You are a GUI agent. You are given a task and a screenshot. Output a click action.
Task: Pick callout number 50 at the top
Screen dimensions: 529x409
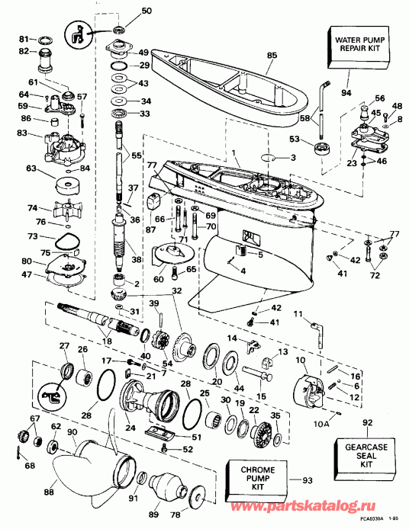[147, 11]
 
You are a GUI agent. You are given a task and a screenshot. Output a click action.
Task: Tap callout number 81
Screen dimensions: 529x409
[23, 38]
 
